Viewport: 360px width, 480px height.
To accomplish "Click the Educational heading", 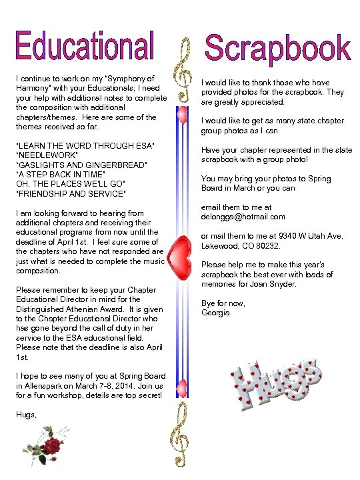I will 85,47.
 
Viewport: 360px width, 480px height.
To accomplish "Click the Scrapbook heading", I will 277,49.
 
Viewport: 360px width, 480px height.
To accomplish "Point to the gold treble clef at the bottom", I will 180,440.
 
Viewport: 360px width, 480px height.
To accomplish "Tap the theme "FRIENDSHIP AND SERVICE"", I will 69,194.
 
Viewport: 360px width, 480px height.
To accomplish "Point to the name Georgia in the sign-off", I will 215,313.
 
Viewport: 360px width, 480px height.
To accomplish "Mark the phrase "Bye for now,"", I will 223,303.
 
